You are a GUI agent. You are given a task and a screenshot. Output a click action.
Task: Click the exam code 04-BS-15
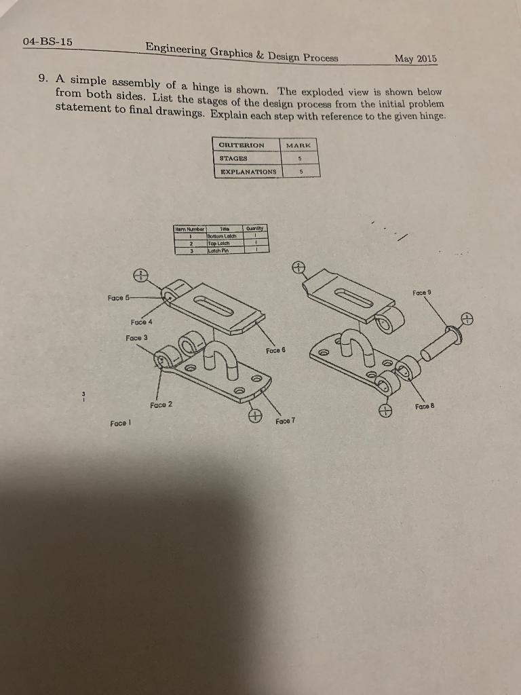coord(47,41)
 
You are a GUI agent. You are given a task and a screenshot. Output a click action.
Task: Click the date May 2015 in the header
coord(415,59)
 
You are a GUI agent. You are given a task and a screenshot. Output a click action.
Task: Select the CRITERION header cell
coord(241,145)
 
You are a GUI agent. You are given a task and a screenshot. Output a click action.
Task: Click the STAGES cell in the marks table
coord(233,158)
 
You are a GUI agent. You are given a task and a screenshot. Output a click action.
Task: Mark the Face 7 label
coord(286,421)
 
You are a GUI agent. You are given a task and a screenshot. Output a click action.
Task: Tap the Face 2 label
coord(161,405)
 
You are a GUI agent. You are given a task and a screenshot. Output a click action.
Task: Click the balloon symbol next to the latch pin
coord(466,319)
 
